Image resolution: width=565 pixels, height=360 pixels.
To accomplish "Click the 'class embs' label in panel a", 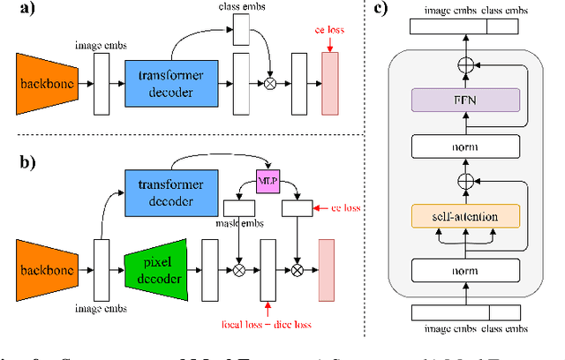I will (x=241, y=7).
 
